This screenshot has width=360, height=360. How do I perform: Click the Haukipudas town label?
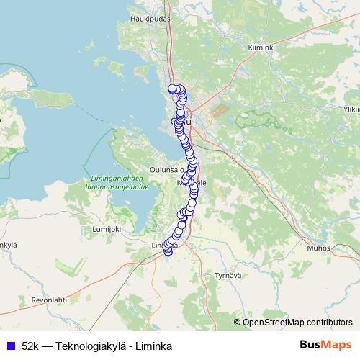click(149, 19)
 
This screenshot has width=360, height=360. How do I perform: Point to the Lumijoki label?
click(106, 228)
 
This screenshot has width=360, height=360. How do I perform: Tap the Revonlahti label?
click(49, 298)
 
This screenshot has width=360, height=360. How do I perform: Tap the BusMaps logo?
click(326, 345)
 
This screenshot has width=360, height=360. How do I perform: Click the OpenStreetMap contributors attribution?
click(296, 322)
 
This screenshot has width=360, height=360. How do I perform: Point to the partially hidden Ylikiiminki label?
click(352, 109)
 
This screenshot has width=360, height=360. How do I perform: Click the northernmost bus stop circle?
click(172, 89)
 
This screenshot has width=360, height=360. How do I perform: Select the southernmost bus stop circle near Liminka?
click(168, 251)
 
